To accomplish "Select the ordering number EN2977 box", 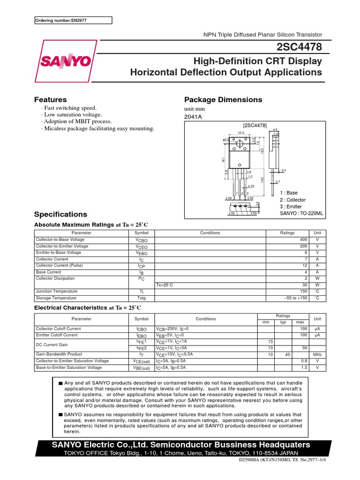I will click(74, 20).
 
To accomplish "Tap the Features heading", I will click(51, 99).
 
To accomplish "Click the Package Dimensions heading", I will click(223, 99).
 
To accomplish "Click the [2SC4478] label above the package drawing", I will click(255, 125).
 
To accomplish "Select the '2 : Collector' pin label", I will click(292, 200).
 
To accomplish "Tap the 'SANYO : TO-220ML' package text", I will click(301, 213).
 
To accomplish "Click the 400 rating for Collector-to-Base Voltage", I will click(303, 239).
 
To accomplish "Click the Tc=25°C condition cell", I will click(165, 285).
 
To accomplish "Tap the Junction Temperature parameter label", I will click(56, 292).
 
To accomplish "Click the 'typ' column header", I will click(283, 322).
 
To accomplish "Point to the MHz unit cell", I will click(317, 355).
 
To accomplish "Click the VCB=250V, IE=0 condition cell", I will click(172, 329).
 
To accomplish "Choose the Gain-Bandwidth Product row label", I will click(59, 355).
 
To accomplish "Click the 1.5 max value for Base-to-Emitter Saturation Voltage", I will click(304, 368).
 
